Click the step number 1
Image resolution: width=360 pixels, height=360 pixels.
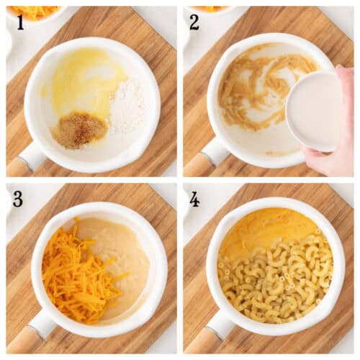coord(19,22)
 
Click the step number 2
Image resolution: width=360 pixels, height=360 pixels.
coord(194,22)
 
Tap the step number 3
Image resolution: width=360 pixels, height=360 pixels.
coord(18,199)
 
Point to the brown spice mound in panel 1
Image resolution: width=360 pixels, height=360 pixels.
coord(79,130)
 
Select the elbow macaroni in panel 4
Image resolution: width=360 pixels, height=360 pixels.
coord(274,281)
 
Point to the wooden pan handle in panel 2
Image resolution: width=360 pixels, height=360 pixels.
coord(197,165)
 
